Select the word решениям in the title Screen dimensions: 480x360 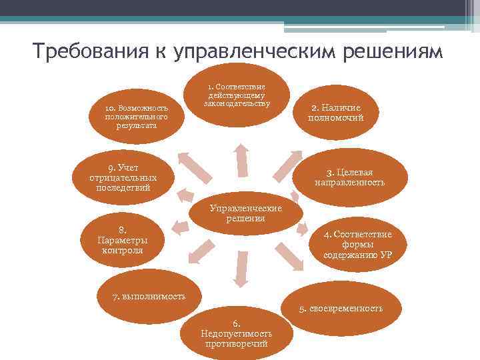click(393, 52)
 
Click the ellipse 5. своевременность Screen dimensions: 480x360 click(340, 309)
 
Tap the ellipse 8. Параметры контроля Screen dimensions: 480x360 click(123, 239)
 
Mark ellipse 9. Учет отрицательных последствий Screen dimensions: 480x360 click(123, 176)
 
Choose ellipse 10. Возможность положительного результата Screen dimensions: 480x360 click(136, 116)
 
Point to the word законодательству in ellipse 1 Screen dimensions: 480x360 click(236, 104)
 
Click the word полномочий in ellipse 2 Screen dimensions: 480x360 click(335, 117)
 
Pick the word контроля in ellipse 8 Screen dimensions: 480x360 click(123, 251)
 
